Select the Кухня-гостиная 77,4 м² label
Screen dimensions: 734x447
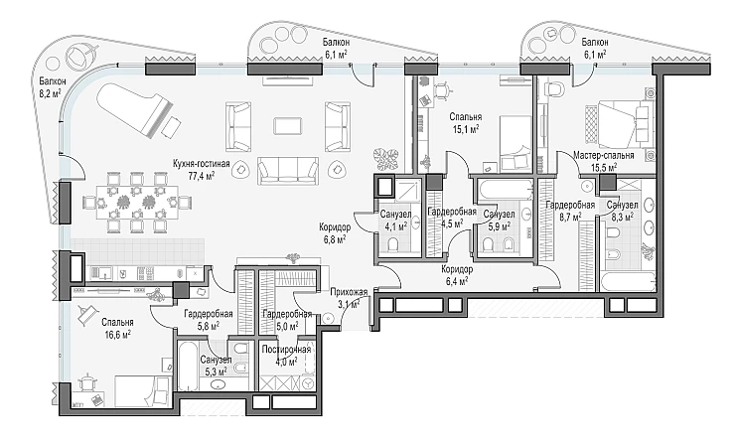coord(201,170)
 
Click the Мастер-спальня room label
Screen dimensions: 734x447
coord(604,155)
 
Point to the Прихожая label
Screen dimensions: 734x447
coord(349,293)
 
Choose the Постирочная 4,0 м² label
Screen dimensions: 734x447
coord(286,356)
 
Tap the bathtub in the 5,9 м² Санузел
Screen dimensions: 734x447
coord(505,191)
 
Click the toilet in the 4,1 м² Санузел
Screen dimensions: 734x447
coord(392,244)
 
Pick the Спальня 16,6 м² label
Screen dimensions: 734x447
coord(116,328)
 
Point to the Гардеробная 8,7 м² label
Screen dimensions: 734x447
coord(570,211)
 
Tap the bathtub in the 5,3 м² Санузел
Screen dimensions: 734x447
coord(188,367)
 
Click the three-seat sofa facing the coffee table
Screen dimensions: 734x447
coord(288,171)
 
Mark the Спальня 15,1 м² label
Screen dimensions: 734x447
coord(465,122)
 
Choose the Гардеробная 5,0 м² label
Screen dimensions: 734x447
coord(287,320)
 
